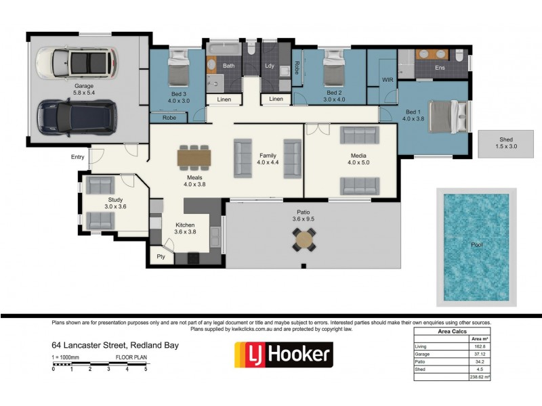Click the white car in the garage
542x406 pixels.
pyautogui.click(x=77, y=63)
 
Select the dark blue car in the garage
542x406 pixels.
pyautogui.click(x=77, y=118)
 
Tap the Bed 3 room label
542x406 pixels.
pyautogui.click(x=179, y=94)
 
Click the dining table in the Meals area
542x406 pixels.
pyautogui.click(x=194, y=158)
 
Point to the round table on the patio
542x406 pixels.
pyautogui.click(x=304, y=239)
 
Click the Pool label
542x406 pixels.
pyautogui.click(x=477, y=245)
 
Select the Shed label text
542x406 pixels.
pyautogui.click(x=505, y=139)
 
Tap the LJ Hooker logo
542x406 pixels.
pyautogui.click(x=284, y=355)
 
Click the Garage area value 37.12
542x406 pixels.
pyautogui.click(x=480, y=354)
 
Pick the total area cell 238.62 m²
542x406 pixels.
pyautogui.click(x=480, y=377)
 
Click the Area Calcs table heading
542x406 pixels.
pyautogui.click(x=452, y=332)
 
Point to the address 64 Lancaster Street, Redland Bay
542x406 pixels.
pyautogui.click(x=115, y=345)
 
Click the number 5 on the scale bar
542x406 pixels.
pyautogui.click(x=146, y=369)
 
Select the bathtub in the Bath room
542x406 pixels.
pyautogui.click(x=224, y=49)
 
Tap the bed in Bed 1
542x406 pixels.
pyautogui.click(x=449, y=116)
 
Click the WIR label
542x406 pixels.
pyautogui.click(x=388, y=80)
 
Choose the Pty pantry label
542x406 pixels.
pyautogui.click(x=161, y=256)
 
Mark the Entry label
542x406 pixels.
pyautogui.click(x=77, y=157)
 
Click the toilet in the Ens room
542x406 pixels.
pyautogui.click(x=459, y=55)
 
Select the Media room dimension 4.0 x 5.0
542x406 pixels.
pyautogui.click(x=358, y=162)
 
